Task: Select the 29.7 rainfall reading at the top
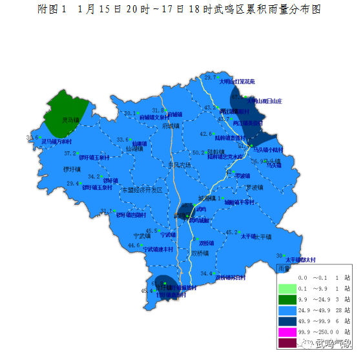tap(210, 78)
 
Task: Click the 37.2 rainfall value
tap(70, 153)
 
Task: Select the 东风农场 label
tap(179, 165)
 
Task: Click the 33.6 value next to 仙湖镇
tap(122, 140)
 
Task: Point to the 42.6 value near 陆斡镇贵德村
tap(205, 134)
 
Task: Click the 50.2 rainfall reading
tap(199, 153)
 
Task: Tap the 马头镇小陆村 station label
tap(267, 149)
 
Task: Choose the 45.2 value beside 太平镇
tap(231, 232)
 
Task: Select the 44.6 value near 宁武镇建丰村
tap(134, 245)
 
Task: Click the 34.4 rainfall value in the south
tap(206, 273)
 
